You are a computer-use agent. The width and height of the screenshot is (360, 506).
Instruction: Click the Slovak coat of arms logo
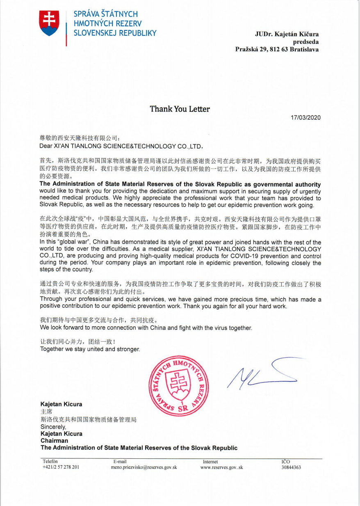[x=50, y=23]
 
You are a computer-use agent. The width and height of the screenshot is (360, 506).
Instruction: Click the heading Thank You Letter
[x=180, y=109]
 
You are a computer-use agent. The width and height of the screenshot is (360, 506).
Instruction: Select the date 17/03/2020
[x=305, y=118]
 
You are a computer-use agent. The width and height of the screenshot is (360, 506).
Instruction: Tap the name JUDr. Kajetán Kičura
[x=287, y=34]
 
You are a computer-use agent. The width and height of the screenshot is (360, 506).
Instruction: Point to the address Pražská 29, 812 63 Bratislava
[x=277, y=49]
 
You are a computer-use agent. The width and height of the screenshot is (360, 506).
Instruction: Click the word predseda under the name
[x=305, y=41]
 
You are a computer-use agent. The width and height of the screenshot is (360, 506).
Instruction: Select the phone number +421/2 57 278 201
[x=61, y=467]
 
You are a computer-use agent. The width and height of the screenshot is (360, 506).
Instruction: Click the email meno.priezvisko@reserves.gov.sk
[x=144, y=467]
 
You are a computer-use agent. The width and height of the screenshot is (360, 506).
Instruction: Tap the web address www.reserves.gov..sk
[x=221, y=467]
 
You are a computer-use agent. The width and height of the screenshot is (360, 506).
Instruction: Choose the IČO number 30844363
[x=291, y=467]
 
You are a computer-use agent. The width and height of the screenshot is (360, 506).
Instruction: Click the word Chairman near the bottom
[x=55, y=441]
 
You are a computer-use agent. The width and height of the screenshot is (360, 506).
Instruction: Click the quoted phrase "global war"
[x=75, y=242]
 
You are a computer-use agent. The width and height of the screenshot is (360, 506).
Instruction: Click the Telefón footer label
[x=51, y=462]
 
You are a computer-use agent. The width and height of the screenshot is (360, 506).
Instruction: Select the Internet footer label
[x=210, y=462]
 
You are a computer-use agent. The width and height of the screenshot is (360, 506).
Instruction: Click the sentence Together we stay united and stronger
[x=90, y=349]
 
